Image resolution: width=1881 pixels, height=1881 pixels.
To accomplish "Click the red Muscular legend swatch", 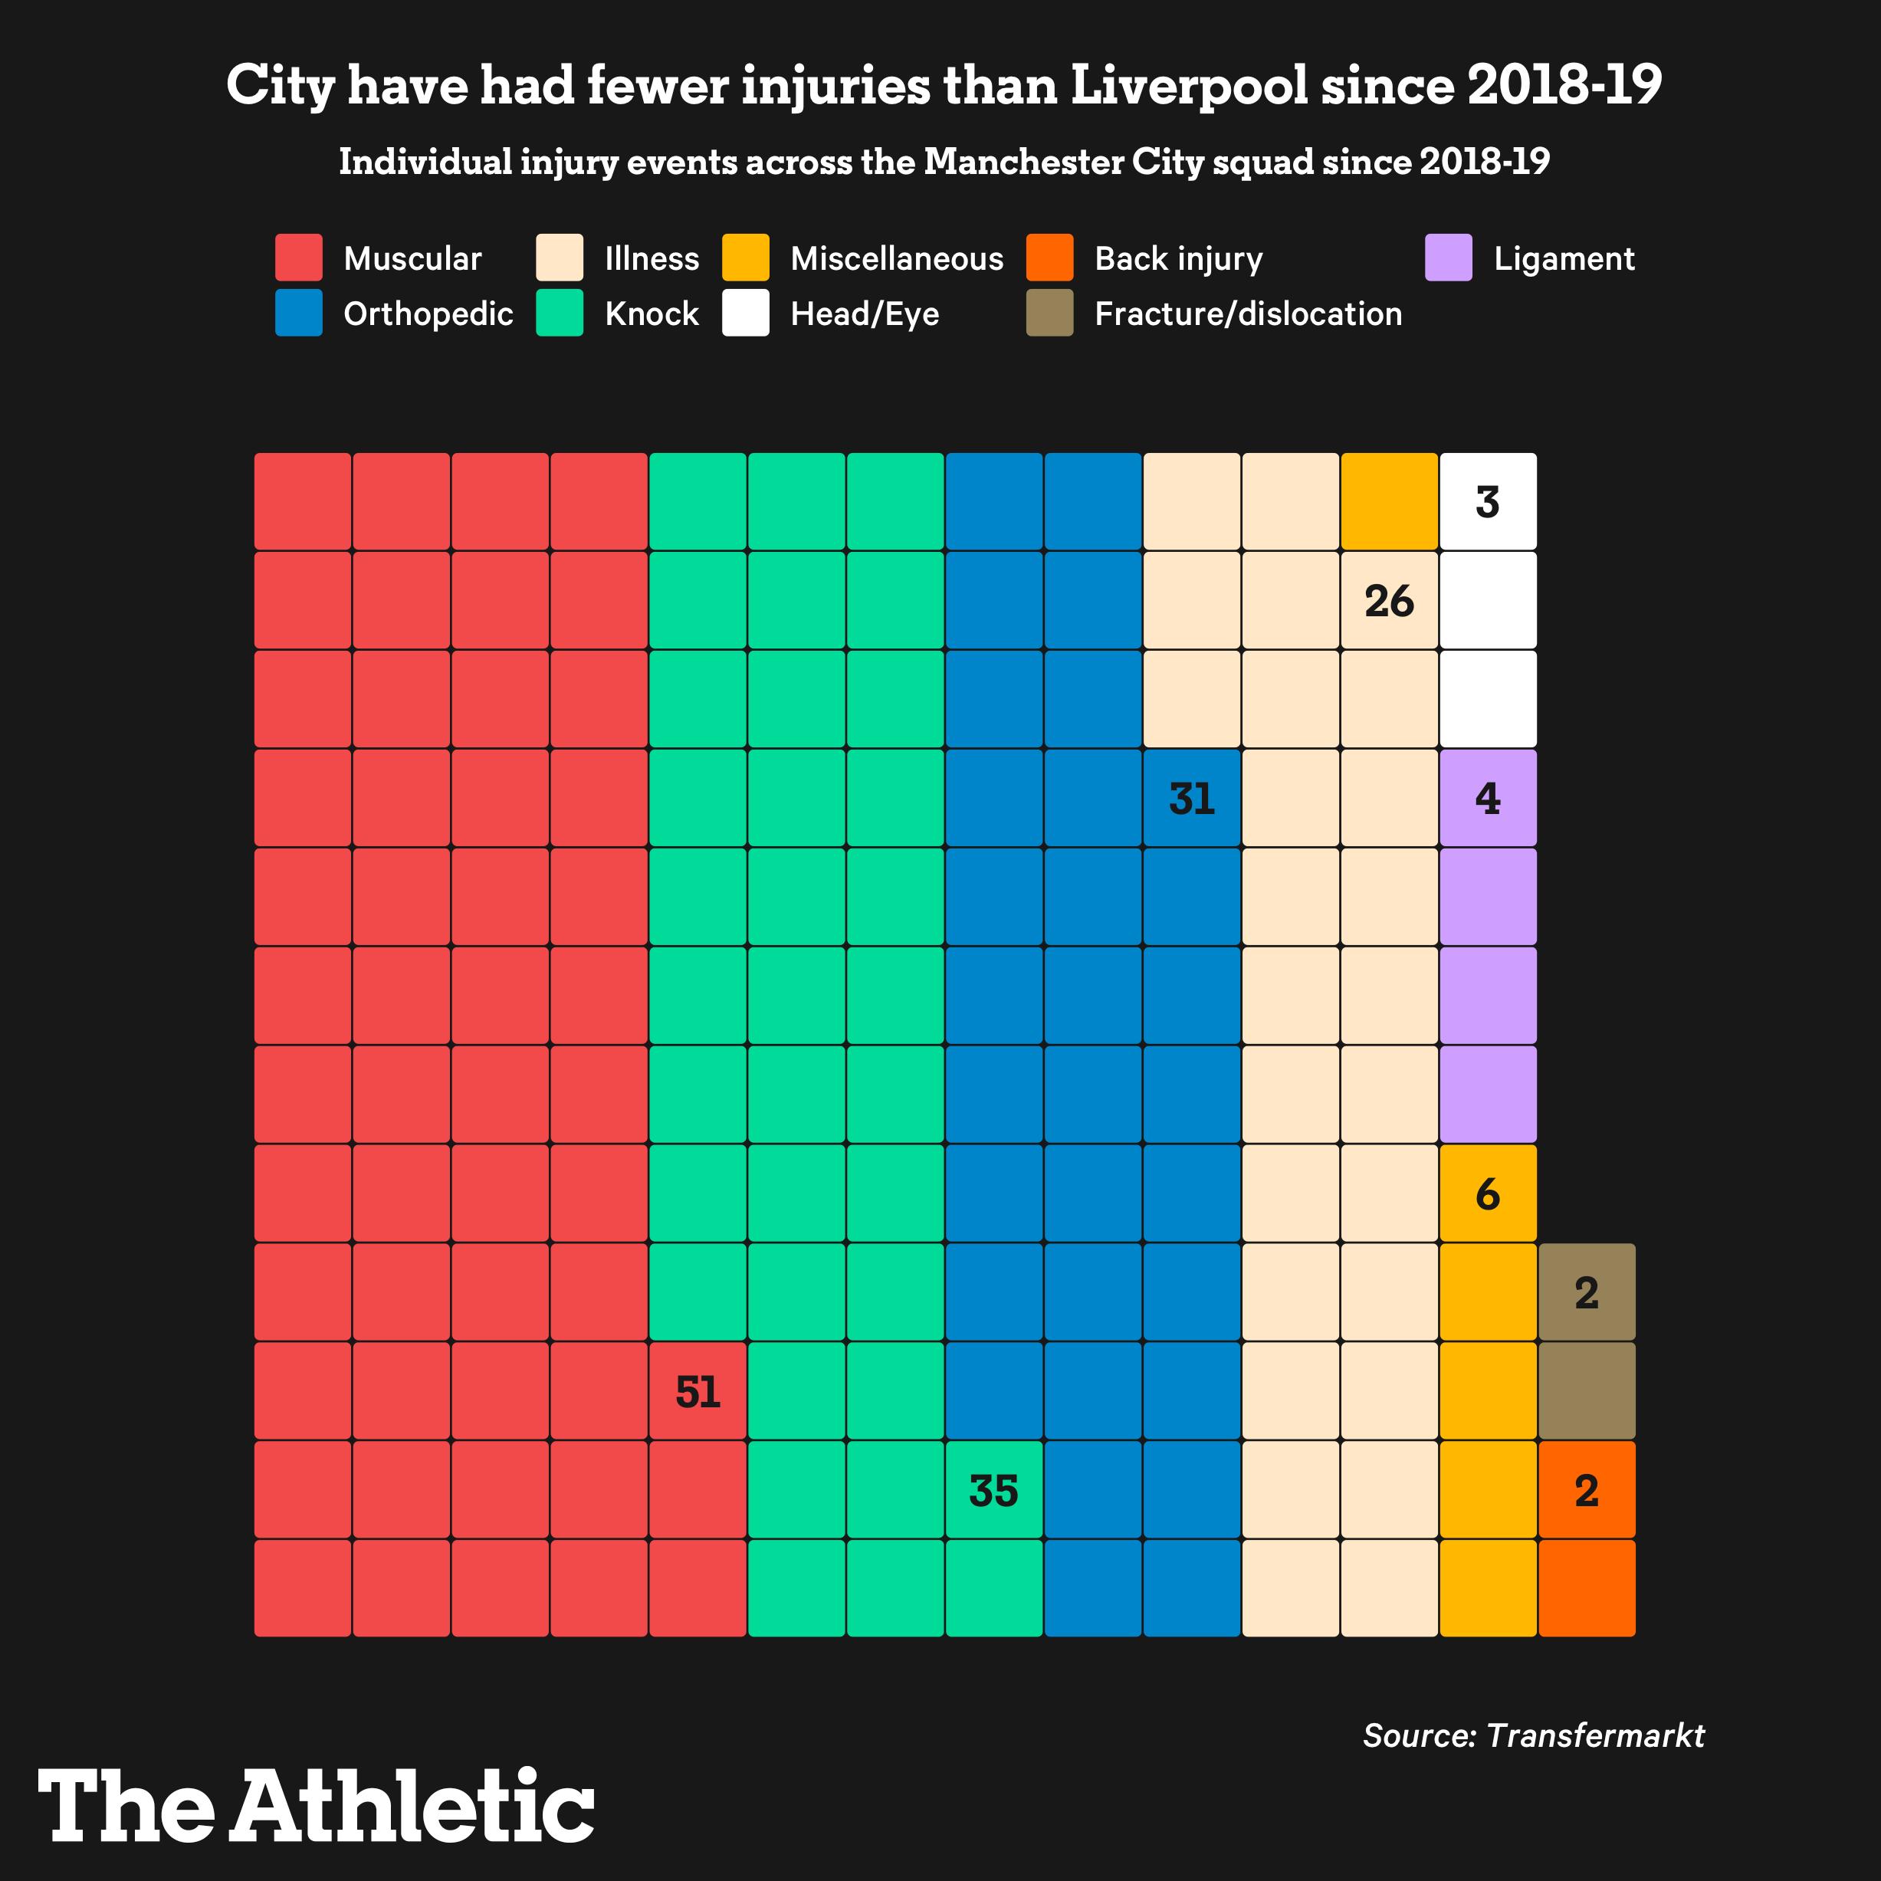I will pyautogui.click(x=298, y=258).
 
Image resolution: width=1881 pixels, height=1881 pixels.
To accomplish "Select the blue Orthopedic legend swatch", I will pyautogui.click(x=298, y=313).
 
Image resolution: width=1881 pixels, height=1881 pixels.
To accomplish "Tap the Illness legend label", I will pyautogui.click(x=652, y=258).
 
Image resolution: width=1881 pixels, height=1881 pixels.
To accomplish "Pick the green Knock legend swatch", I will pyautogui.click(x=560, y=313).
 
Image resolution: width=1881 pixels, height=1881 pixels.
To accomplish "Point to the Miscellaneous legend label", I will pyautogui.click(x=897, y=258).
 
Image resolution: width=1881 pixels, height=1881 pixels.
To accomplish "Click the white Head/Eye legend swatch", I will pyautogui.click(x=746, y=313).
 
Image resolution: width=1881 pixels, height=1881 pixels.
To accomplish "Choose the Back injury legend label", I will pyautogui.click(x=1178, y=258).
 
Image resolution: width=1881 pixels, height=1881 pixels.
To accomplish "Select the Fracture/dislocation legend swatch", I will pyautogui.click(x=1049, y=313).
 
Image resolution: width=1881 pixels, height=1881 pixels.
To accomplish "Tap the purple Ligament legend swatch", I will pyautogui.click(x=1449, y=258).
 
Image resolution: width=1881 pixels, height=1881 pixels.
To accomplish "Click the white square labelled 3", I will pyautogui.click(x=1488, y=501).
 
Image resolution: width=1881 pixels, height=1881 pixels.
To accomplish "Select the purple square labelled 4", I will pyautogui.click(x=1488, y=799).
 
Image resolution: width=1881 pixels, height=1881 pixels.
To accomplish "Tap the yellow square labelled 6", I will pyautogui.click(x=1488, y=1193).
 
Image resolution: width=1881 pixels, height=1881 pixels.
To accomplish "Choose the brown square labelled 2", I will pyautogui.click(x=1587, y=1292).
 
